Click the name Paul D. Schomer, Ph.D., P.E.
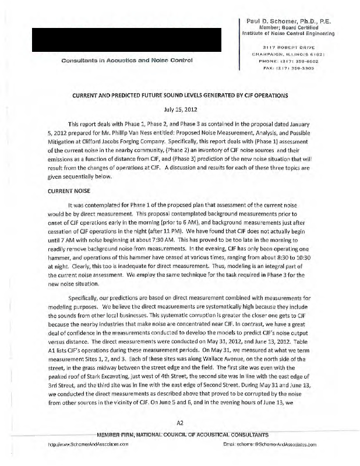297,21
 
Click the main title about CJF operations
179,95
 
